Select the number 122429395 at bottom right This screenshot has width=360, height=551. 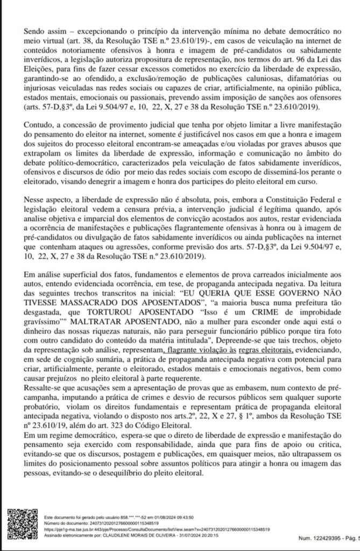point(317,544)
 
